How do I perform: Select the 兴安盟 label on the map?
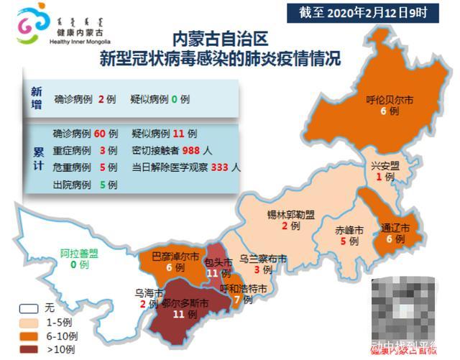coord(385,166)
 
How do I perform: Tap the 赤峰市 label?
coord(349,231)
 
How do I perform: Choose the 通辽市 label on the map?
coord(396,229)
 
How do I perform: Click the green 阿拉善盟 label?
coord(79,254)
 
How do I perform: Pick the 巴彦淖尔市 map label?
coord(170,255)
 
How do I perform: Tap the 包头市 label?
coord(219,261)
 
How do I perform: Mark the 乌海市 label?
coord(149,292)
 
